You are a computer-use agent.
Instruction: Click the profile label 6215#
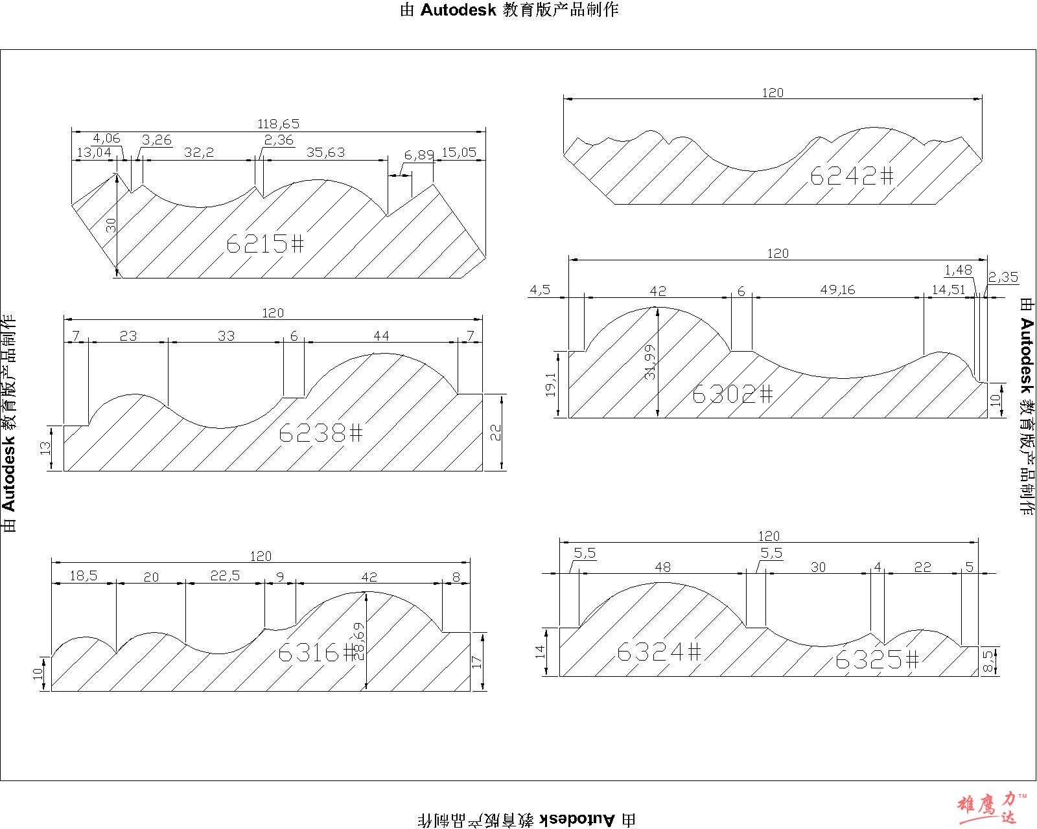pos(265,244)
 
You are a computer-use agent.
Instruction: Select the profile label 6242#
pos(852,176)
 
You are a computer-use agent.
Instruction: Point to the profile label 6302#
pos(732,394)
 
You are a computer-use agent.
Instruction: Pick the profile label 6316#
pos(317,652)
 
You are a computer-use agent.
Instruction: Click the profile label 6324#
pos(658,652)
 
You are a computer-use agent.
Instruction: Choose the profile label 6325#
pos(877,659)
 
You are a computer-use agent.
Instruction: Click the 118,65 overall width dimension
pos(279,124)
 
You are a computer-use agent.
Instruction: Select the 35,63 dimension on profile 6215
pos(326,152)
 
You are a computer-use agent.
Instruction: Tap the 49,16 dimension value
pos(837,290)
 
